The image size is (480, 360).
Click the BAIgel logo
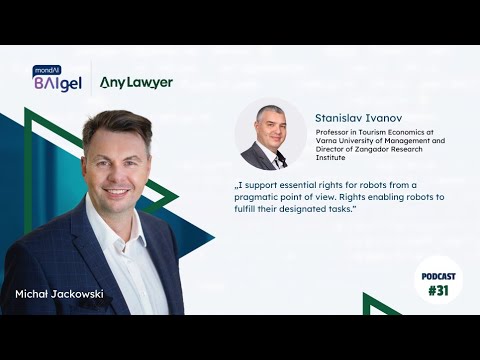click(x=57, y=82)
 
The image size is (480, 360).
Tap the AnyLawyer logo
click(x=136, y=82)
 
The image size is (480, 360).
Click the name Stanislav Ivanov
click(x=355, y=116)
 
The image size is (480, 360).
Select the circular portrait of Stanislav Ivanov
click(x=270, y=134)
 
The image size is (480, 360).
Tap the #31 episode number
click(x=439, y=291)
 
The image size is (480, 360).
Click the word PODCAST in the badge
click(x=439, y=275)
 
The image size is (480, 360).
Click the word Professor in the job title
click(x=334, y=131)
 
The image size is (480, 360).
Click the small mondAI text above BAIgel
click(x=47, y=69)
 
